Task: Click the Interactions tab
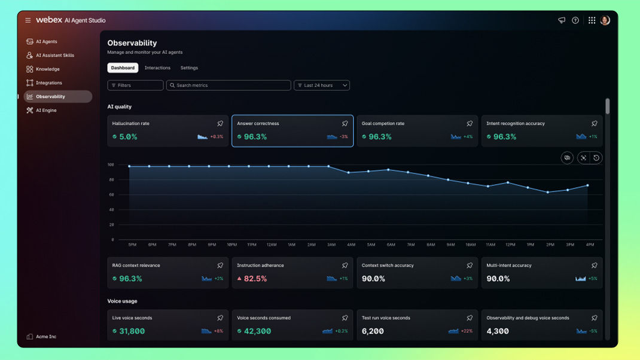point(157,68)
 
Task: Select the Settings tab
point(189,68)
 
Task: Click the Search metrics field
point(228,86)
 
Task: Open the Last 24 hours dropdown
point(322,86)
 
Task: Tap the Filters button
point(135,86)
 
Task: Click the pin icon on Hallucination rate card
point(220,123)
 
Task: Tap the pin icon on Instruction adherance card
point(345,266)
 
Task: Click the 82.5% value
point(255,279)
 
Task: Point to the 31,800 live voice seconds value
point(132,331)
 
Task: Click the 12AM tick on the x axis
point(272,245)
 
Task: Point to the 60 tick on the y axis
point(111,195)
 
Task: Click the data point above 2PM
point(548,192)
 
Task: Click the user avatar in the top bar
point(605,20)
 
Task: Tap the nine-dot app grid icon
point(592,20)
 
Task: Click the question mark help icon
point(575,20)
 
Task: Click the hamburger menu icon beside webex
point(28,20)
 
